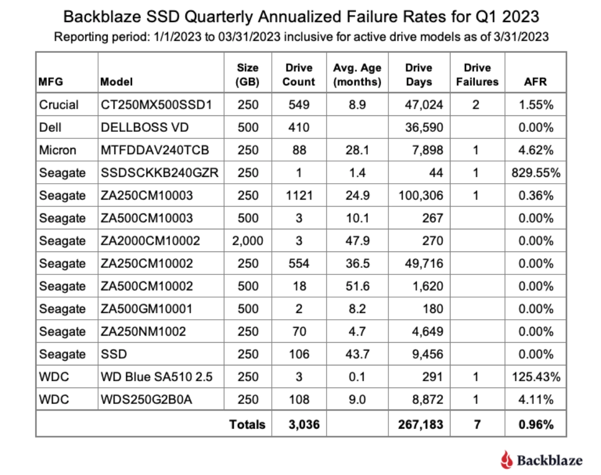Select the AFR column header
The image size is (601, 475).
[x=536, y=82]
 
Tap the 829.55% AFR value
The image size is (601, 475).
[x=536, y=173]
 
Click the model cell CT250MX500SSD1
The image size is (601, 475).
[x=156, y=105]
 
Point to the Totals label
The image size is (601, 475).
[x=248, y=424]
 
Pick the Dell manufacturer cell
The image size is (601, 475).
[x=50, y=128]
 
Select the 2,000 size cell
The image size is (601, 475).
[x=248, y=241]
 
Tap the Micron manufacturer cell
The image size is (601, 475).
[x=58, y=150]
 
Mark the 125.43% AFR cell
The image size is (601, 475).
[x=536, y=377]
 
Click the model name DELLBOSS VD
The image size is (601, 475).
[x=145, y=128]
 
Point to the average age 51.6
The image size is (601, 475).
[x=357, y=286]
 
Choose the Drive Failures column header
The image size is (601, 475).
[x=477, y=75]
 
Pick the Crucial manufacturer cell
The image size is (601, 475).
[x=59, y=105]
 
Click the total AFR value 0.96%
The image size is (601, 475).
[x=536, y=424]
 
